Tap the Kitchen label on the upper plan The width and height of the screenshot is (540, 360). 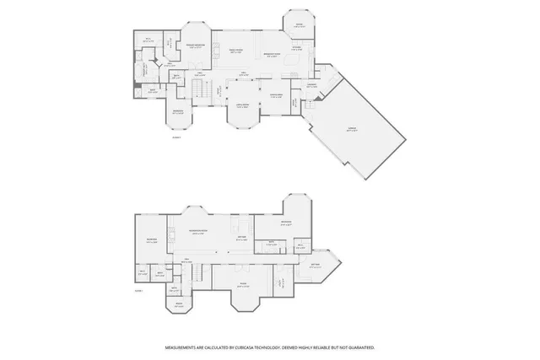tap(297, 46)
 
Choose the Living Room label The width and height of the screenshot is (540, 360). tap(242, 107)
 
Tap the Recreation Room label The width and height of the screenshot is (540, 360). tap(201, 234)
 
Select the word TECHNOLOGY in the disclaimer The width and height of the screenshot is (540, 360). tap(283, 347)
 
